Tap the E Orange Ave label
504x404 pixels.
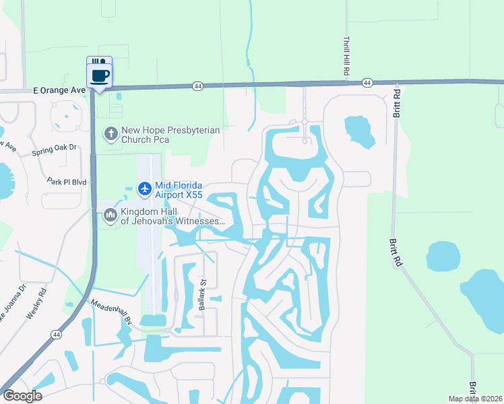pyautogui.click(x=59, y=90)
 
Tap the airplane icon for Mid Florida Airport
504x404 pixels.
pyautogui.click(x=144, y=189)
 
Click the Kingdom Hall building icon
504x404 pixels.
pyautogui.click(x=110, y=215)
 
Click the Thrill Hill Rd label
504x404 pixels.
pyautogui.click(x=346, y=56)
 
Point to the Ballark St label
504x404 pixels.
pyautogui.click(x=201, y=295)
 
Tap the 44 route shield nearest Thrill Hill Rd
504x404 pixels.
pyautogui.click(x=367, y=83)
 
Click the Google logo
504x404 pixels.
pyautogui.click(x=22, y=396)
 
